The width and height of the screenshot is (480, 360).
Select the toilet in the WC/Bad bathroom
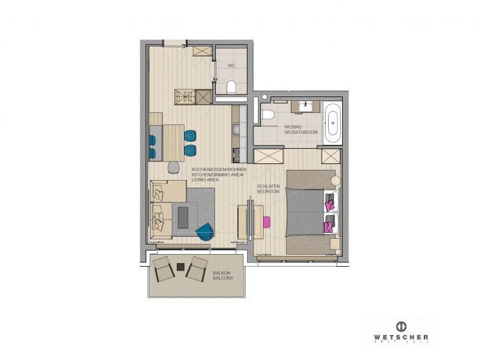click(x=267, y=115)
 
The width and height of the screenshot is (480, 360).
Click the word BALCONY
click(x=223, y=279)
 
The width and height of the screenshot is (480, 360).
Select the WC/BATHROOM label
click(x=301, y=132)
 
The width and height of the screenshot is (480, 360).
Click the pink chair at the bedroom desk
click(x=266, y=221)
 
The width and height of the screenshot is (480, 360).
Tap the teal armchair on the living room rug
click(x=206, y=232)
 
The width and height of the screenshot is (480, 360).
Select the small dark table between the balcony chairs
click(x=180, y=267)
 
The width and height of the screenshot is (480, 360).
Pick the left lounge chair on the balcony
click(x=163, y=268)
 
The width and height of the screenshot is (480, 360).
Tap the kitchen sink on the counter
click(x=236, y=130)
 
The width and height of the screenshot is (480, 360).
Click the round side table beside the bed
click(x=336, y=181)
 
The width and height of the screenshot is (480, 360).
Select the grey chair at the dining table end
click(x=174, y=167)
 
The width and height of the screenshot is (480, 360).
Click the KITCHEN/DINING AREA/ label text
click(x=214, y=176)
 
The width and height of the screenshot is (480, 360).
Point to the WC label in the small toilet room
click(x=231, y=66)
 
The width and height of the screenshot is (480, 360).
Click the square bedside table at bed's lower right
click(x=335, y=243)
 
